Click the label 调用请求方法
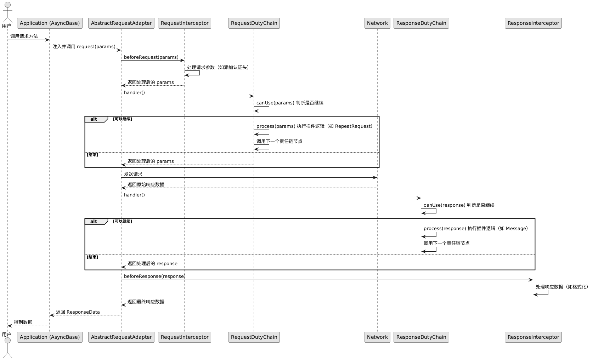click(x=24, y=36)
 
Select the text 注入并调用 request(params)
click(x=84, y=47)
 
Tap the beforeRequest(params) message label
click(x=151, y=57)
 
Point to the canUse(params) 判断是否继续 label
click(x=290, y=103)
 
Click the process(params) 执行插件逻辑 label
click(x=314, y=126)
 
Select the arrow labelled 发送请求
click(x=249, y=178)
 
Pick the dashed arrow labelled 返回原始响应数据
click(x=249, y=188)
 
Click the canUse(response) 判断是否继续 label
click(x=459, y=205)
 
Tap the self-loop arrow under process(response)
click(x=429, y=235)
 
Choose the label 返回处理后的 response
click(x=152, y=264)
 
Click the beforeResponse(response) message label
click(x=154, y=276)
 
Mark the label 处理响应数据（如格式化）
click(x=562, y=287)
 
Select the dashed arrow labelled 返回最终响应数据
click(x=327, y=305)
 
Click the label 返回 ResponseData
click(x=78, y=312)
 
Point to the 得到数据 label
click(x=23, y=322)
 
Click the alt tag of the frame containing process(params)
click(x=94, y=119)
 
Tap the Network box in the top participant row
click(x=377, y=23)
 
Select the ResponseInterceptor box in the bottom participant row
click(x=533, y=337)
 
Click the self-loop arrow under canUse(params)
click(x=262, y=109)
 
